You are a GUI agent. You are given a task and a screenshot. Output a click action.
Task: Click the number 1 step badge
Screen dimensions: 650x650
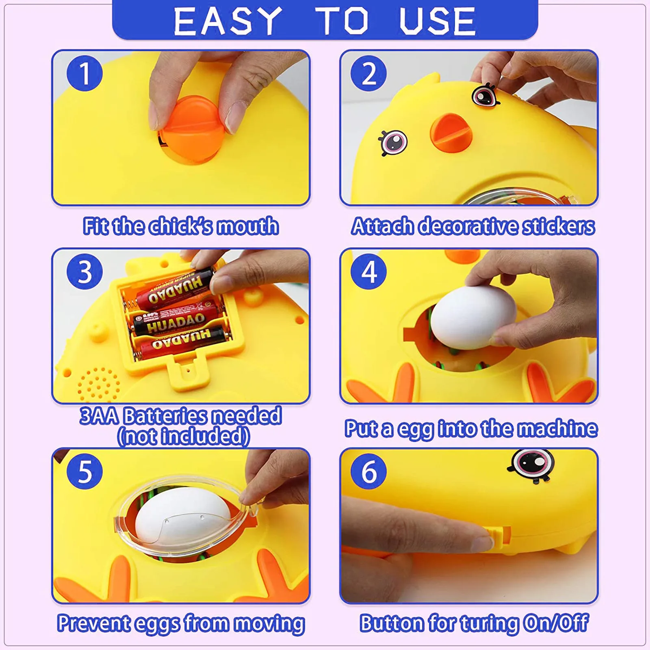click(84, 74)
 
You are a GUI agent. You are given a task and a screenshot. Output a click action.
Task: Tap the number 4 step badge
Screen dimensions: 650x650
click(368, 271)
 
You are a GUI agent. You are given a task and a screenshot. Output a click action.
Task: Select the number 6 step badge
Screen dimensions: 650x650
click(368, 471)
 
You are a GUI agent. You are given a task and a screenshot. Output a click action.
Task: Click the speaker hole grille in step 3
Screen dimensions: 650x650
click(99, 384)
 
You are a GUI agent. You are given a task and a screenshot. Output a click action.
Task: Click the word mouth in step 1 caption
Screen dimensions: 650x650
click(248, 226)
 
